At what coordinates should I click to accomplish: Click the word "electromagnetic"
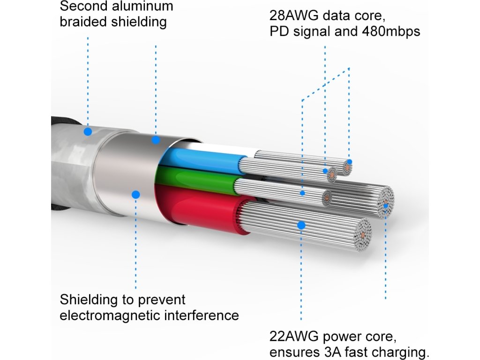click(110, 315)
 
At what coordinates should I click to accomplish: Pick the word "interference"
click(202, 315)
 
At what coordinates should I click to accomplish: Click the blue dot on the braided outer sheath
click(88, 132)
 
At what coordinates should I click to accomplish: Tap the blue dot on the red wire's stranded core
click(301, 225)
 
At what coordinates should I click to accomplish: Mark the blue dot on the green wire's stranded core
click(303, 193)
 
